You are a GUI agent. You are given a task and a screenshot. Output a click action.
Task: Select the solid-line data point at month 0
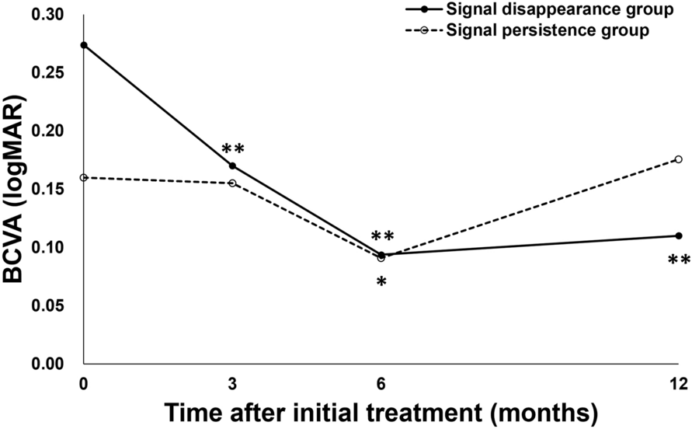(84, 45)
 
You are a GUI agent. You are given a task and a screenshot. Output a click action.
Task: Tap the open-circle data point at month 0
(84, 178)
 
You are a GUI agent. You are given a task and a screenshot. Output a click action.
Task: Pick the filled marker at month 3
(232, 166)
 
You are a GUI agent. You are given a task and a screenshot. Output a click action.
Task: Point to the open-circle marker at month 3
(232, 183)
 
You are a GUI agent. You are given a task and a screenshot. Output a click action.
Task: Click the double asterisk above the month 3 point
(232, 148)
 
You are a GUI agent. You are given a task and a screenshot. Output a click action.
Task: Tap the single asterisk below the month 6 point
(381, 281)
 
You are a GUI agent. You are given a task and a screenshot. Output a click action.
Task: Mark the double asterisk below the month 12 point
(678, 260)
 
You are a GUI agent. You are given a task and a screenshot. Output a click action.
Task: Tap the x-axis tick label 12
(677, 382)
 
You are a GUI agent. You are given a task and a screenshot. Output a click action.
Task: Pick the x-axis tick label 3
(232, 382)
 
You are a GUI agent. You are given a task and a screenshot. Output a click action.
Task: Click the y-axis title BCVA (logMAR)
(17, 190)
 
